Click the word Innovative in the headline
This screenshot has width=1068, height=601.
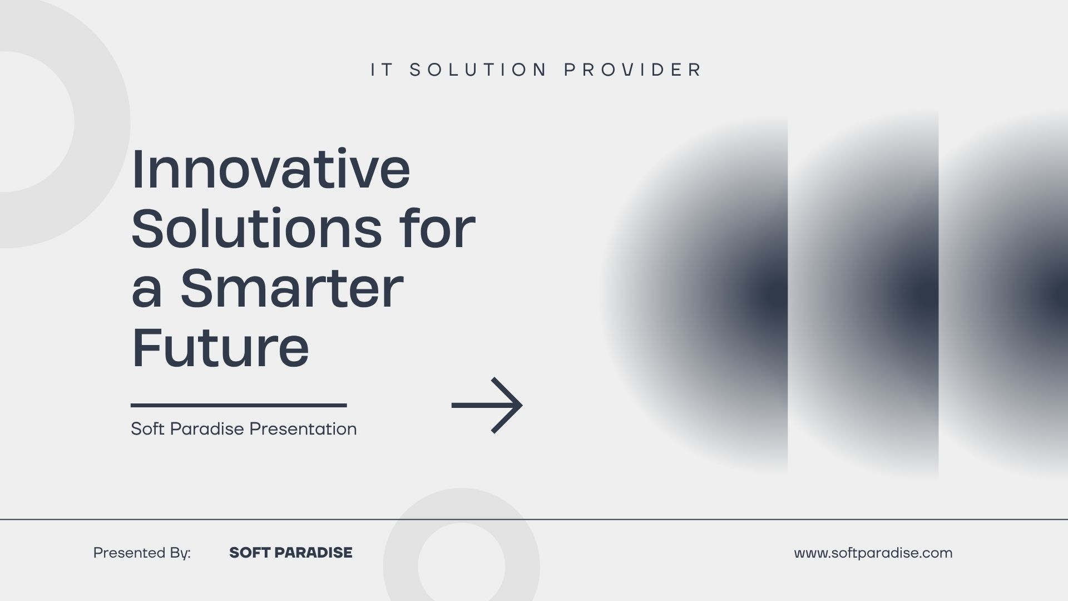coord(271,169)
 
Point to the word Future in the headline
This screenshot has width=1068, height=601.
coord(220,347)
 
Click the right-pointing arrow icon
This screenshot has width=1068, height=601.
coord(487,405)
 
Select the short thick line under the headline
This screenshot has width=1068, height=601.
coord(239,405)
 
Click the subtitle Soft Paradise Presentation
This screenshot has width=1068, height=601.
coord(244,429)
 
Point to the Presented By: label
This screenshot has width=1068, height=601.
coord(142,553)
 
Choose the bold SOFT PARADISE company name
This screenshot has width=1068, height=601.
coord(291,553)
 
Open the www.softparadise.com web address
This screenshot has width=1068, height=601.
coord(873,553)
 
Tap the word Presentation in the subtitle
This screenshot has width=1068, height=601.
coord(303,429)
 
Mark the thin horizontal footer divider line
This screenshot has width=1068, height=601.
coord(534,519)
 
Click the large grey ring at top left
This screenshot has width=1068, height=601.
coord(102,122)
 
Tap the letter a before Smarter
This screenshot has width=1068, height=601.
coord(147,293)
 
